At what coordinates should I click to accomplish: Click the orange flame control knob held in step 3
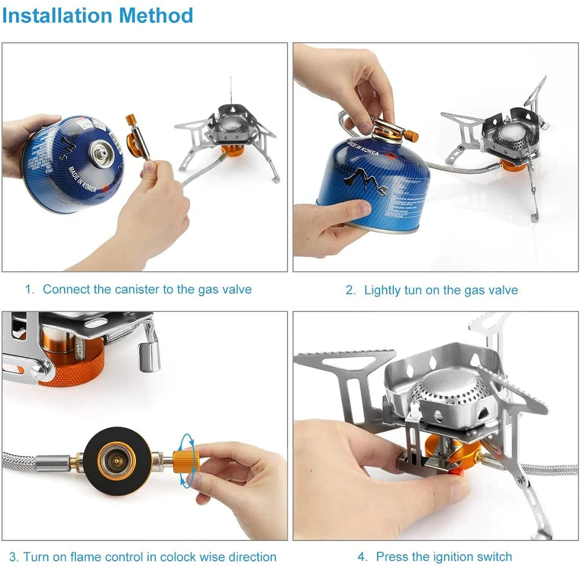point(182,459)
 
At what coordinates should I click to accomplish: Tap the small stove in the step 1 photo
point(230,136)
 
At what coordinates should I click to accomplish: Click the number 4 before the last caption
point(362,556)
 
